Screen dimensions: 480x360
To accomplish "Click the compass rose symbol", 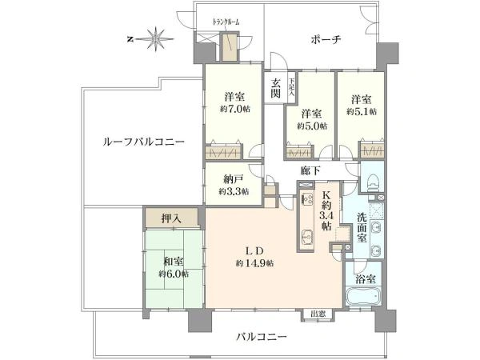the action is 156,38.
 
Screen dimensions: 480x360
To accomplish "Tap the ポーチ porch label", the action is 326,39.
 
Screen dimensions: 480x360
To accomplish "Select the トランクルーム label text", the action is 226,22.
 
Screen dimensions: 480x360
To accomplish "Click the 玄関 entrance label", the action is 276,88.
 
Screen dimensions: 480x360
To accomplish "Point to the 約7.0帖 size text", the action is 234,110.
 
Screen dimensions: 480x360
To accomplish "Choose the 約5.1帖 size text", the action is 362,111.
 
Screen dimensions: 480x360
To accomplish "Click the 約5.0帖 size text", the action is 312,126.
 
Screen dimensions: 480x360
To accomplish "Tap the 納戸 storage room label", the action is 234,179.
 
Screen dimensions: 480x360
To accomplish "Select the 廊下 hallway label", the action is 310,170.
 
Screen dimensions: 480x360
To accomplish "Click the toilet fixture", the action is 374,182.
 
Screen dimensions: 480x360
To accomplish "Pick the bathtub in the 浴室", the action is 364,296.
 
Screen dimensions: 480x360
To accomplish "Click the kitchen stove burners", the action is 306,199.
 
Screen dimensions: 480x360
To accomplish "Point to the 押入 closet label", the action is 171,218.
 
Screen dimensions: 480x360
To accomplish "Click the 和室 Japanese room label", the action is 174,262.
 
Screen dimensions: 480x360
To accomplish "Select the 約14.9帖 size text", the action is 255,263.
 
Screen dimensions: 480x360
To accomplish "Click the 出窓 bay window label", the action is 318,314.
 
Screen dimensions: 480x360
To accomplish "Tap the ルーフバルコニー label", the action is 143,142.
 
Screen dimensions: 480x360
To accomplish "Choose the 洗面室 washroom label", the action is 362,227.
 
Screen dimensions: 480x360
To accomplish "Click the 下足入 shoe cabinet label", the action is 291,87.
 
